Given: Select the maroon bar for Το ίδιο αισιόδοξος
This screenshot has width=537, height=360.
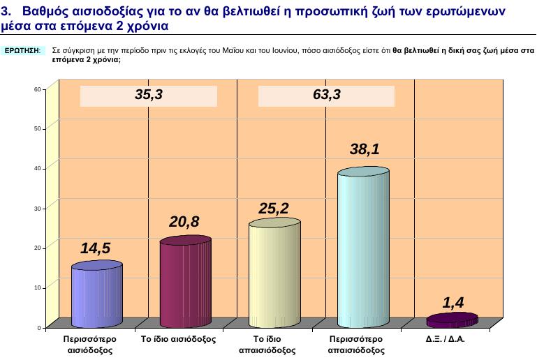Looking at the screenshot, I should [x=185, y=283].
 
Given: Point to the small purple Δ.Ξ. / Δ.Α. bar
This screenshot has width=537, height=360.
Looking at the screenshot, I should [x=452, y=320].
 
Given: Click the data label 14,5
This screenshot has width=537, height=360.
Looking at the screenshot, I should [x=96, y=248].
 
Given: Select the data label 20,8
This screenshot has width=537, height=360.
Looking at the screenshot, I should [x=184, y=222].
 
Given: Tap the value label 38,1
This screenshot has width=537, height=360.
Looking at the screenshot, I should [x=365, y=149].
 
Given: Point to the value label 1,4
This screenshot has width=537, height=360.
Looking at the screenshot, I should [x=453, y=301].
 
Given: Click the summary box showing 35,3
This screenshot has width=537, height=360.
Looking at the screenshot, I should [x=149, y=96].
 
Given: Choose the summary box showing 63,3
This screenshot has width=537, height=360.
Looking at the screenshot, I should [x=327, y=96].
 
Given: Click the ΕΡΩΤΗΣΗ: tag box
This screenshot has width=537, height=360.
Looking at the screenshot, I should [x=24, y=51].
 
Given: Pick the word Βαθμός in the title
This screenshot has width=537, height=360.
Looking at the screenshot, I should [x=44, y=12].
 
